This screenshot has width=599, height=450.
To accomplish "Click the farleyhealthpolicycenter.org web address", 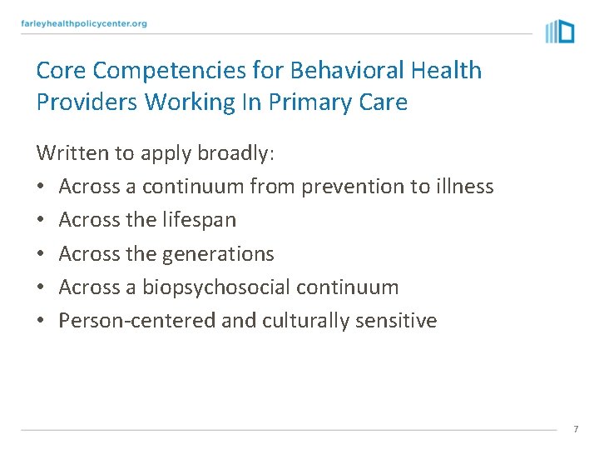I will click(84, 23).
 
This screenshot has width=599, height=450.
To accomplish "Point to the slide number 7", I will click(575, 429).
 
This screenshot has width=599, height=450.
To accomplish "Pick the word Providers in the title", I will click(87, 102).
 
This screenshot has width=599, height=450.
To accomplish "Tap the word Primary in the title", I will click(313, 102).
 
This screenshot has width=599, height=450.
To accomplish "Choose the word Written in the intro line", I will click(71, 153).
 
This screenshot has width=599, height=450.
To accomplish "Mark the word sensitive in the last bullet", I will click(398, 321).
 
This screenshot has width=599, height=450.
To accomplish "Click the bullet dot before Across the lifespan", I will click(41, 221).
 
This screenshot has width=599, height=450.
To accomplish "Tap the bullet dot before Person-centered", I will click(41, 322).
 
